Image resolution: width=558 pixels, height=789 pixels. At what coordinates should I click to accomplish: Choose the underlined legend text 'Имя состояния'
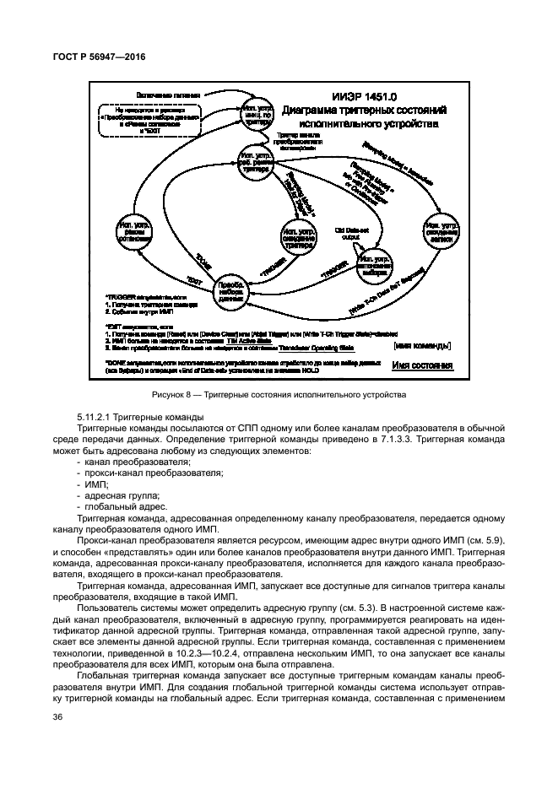tap(423, 365)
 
